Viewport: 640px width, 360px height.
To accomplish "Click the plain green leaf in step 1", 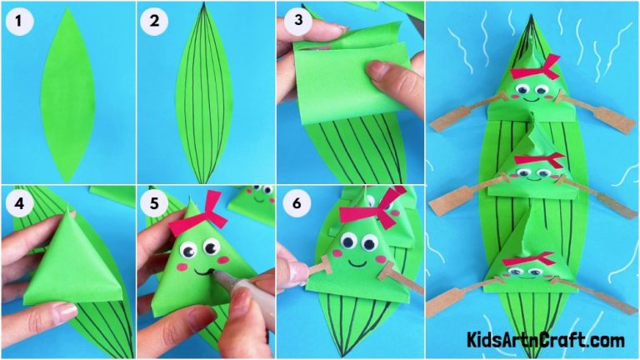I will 67,92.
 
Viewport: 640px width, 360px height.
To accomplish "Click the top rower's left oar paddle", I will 451,120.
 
